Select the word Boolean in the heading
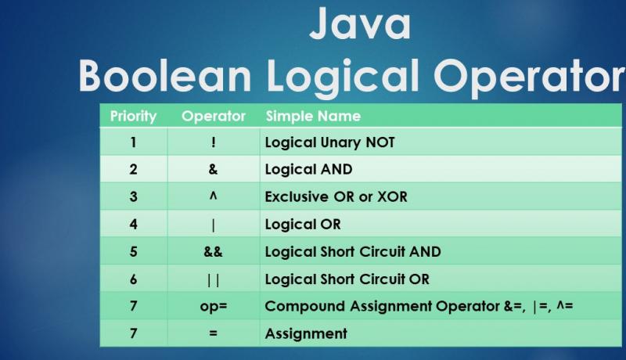(x=164, y=77)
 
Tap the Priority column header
(x=133, y=117)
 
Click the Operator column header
(x=213, y=117)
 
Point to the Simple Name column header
(x=313, y=117)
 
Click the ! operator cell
(x=213, y=142)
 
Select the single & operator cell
(x=213, y=169)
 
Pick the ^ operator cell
(x=213, y=196)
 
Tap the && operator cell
(x=213, y=252)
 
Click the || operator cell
(x=213, y=279)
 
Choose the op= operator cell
(x=213, y=306)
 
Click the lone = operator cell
(x=213, y=333)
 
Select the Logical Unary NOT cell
(x=329, y=142)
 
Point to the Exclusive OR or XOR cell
(x=336, y=196)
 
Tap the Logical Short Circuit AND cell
(x=353, y=252)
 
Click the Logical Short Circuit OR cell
(x=347, y=279)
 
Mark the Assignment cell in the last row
(x=306, y=333)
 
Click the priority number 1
(x=133, y=142)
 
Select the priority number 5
(x=133, y=252)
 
